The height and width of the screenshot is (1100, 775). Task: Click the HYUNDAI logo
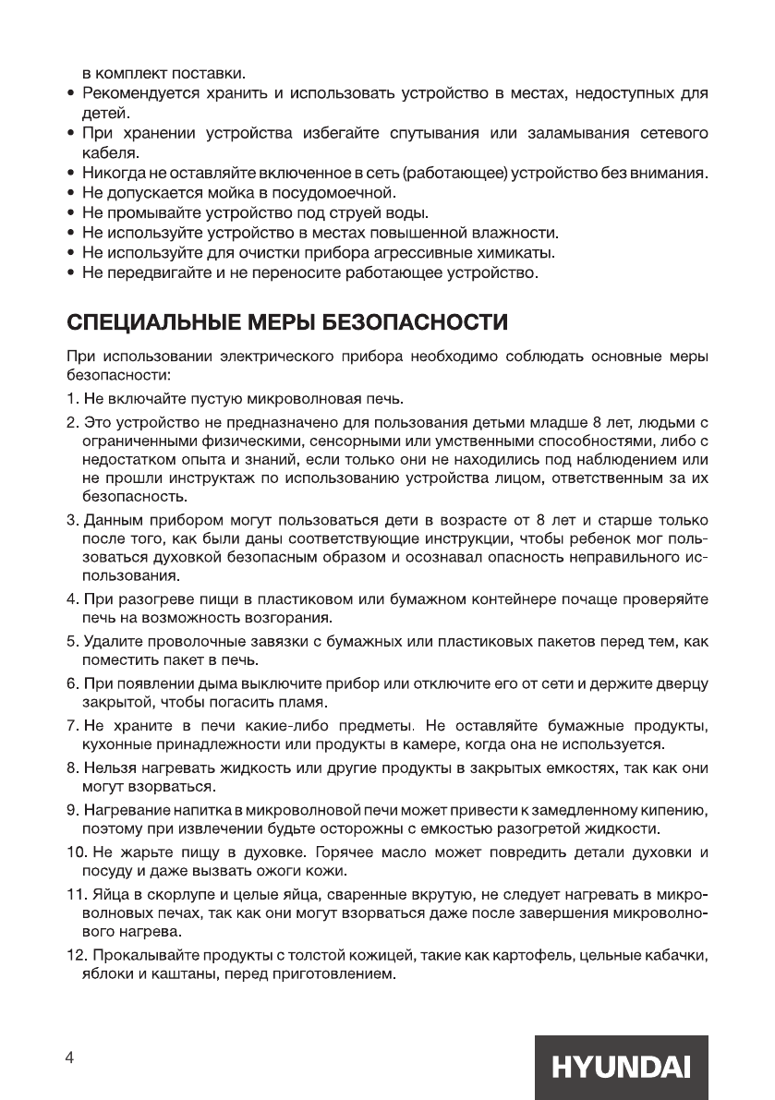pos(621,1068)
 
